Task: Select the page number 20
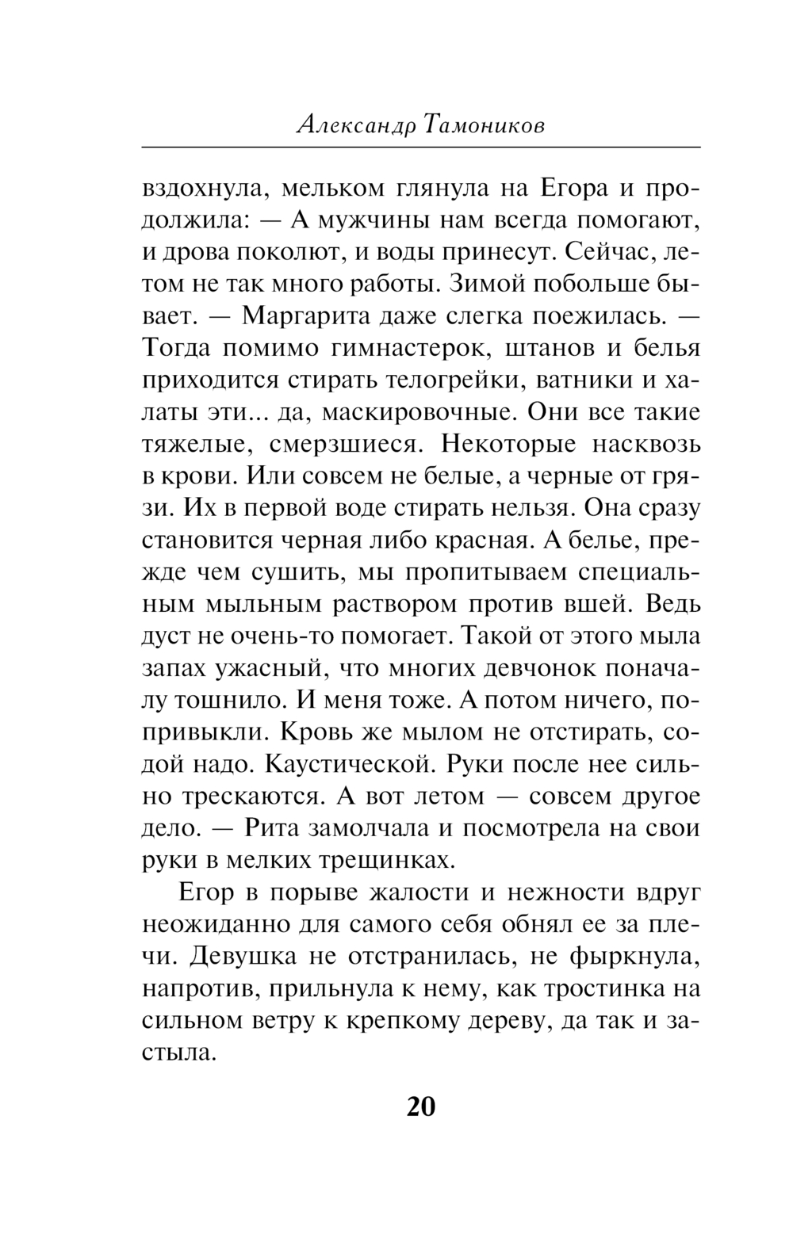[x=421, y=1106]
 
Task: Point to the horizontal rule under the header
[x=421, y=148]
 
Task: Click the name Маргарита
[x=305, y=317]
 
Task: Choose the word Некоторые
[x=524, y=445]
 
